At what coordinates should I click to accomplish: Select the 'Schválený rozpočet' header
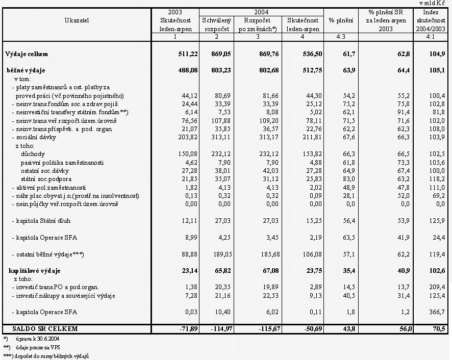click(x=217, y=24)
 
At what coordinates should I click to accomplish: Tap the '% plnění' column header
click(x=341, y=20)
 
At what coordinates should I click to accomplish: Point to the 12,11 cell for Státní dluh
click(x=183, y=220)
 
